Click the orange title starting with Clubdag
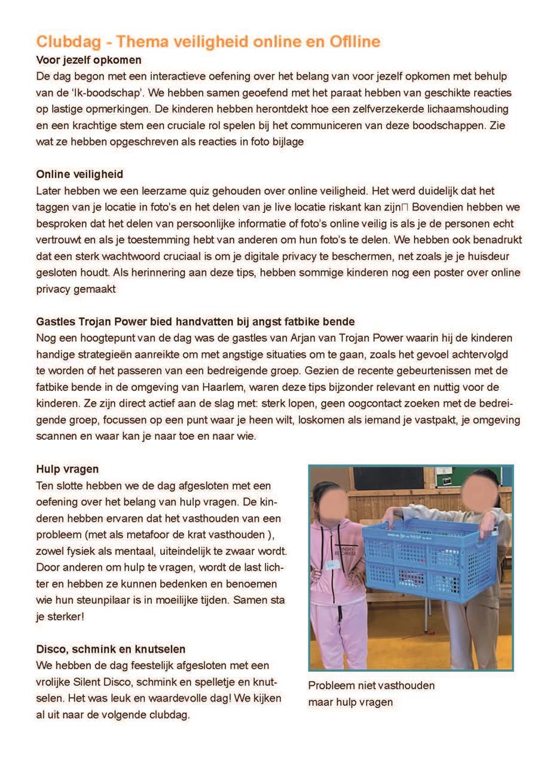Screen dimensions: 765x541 pyautogui.click(x=208, y=42)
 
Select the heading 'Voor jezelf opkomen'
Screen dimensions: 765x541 pyautogui.click(x=88, y=60)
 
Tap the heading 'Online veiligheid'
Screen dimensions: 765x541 pyautogui.click(x=80, y=175)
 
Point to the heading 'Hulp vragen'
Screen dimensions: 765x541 pyautogui.click(x=68, y=469)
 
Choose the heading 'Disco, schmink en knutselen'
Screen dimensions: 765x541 pyautogui.click(x=111, y=649)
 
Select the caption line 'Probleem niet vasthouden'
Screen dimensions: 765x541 pyautogui.click(x=371, y=686)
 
